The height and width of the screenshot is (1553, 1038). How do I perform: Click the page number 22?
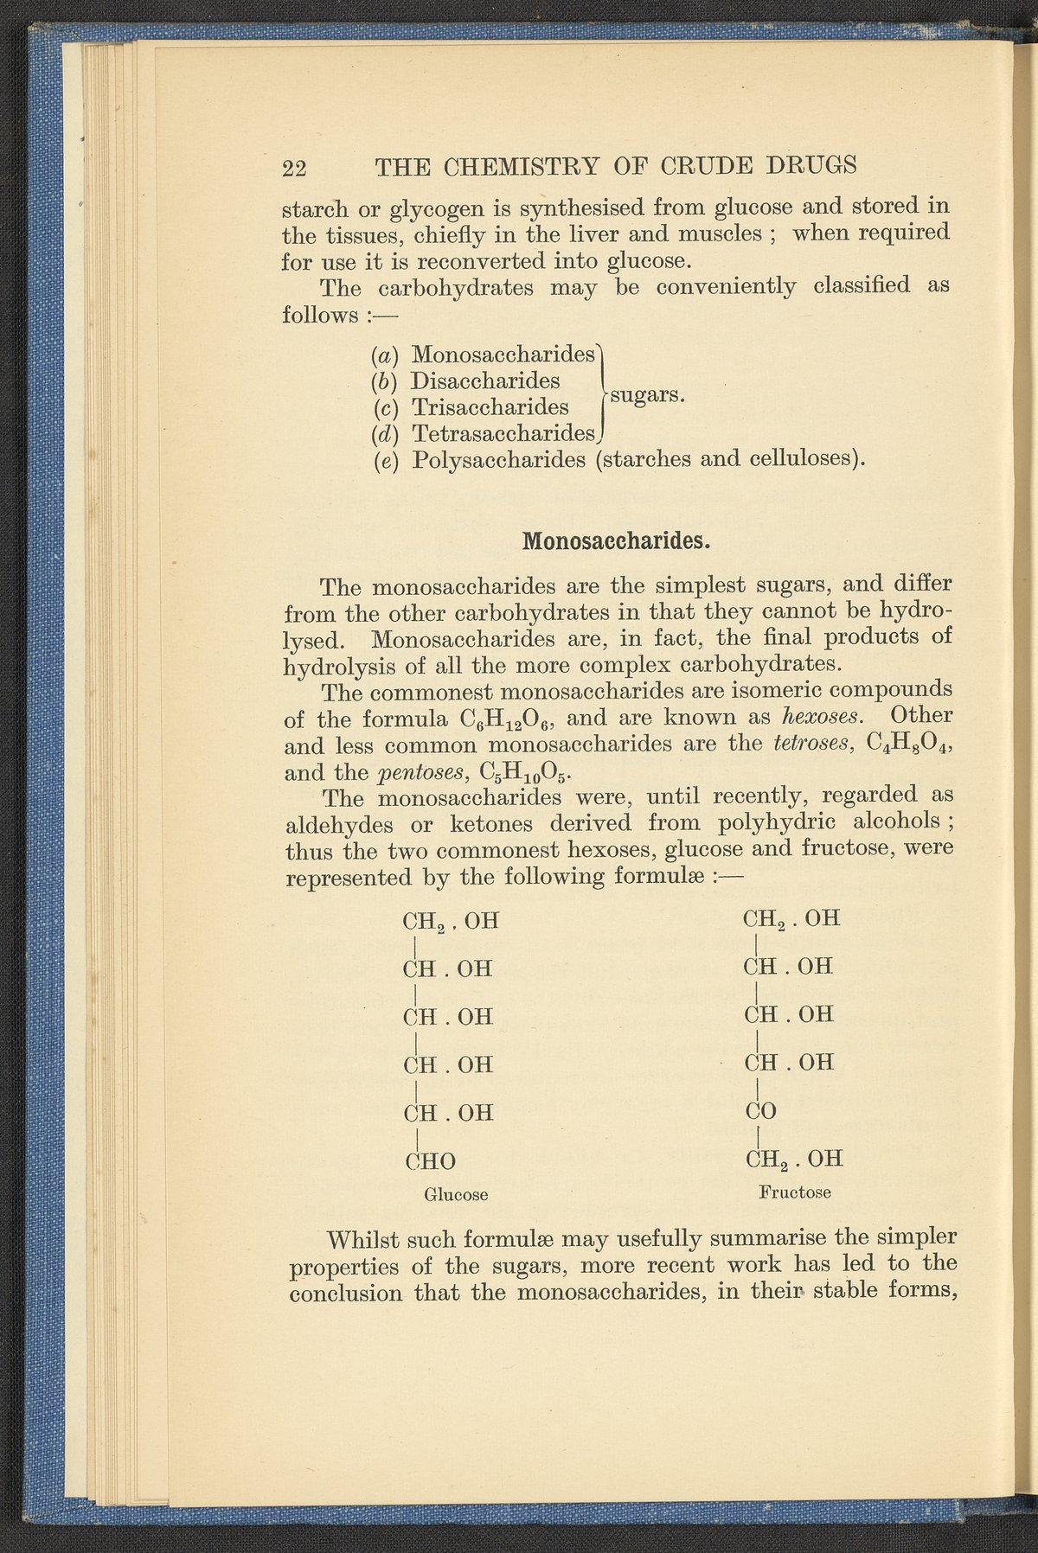pos(294,167)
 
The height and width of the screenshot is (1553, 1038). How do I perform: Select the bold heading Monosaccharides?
pos(616,541)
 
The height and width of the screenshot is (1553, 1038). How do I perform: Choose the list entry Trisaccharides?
pos(490,406)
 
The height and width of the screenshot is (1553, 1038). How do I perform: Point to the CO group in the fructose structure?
pos(760,1111)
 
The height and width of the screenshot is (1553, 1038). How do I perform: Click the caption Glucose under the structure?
pos(456,1195)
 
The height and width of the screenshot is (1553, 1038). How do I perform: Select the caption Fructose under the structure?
pos(795,1192)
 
